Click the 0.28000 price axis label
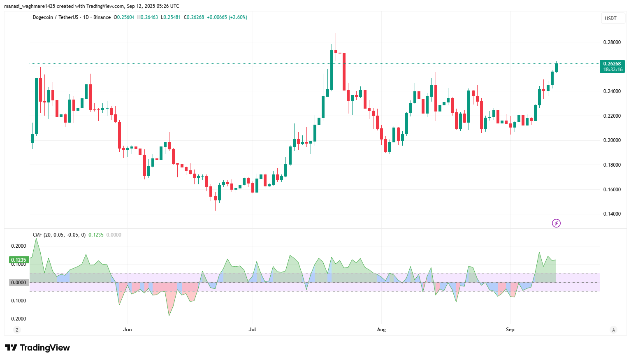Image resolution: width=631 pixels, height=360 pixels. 612,42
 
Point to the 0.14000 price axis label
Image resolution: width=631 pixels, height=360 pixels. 612,214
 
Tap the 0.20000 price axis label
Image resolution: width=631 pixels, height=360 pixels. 612,140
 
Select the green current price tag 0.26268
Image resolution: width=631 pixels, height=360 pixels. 612,64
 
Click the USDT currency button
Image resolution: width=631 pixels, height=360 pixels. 611,19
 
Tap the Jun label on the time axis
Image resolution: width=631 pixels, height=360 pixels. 128,330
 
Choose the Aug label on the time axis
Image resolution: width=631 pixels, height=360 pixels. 381,330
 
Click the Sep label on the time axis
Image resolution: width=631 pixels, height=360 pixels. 510,330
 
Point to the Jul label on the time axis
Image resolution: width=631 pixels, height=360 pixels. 252,330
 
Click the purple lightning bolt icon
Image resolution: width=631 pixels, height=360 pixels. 556,223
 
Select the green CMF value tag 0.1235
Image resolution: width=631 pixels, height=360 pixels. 19,260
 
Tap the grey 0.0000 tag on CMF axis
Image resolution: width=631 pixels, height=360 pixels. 19,283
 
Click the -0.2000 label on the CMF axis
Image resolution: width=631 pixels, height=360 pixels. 17,319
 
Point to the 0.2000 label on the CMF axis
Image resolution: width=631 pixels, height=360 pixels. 18,246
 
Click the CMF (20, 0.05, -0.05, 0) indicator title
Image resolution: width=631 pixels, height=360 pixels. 59,235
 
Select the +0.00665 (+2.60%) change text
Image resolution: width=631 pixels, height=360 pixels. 227,17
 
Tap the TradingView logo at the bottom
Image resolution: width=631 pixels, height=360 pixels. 37,348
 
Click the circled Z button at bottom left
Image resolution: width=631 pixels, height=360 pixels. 17,330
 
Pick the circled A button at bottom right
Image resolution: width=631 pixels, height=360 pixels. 613,330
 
